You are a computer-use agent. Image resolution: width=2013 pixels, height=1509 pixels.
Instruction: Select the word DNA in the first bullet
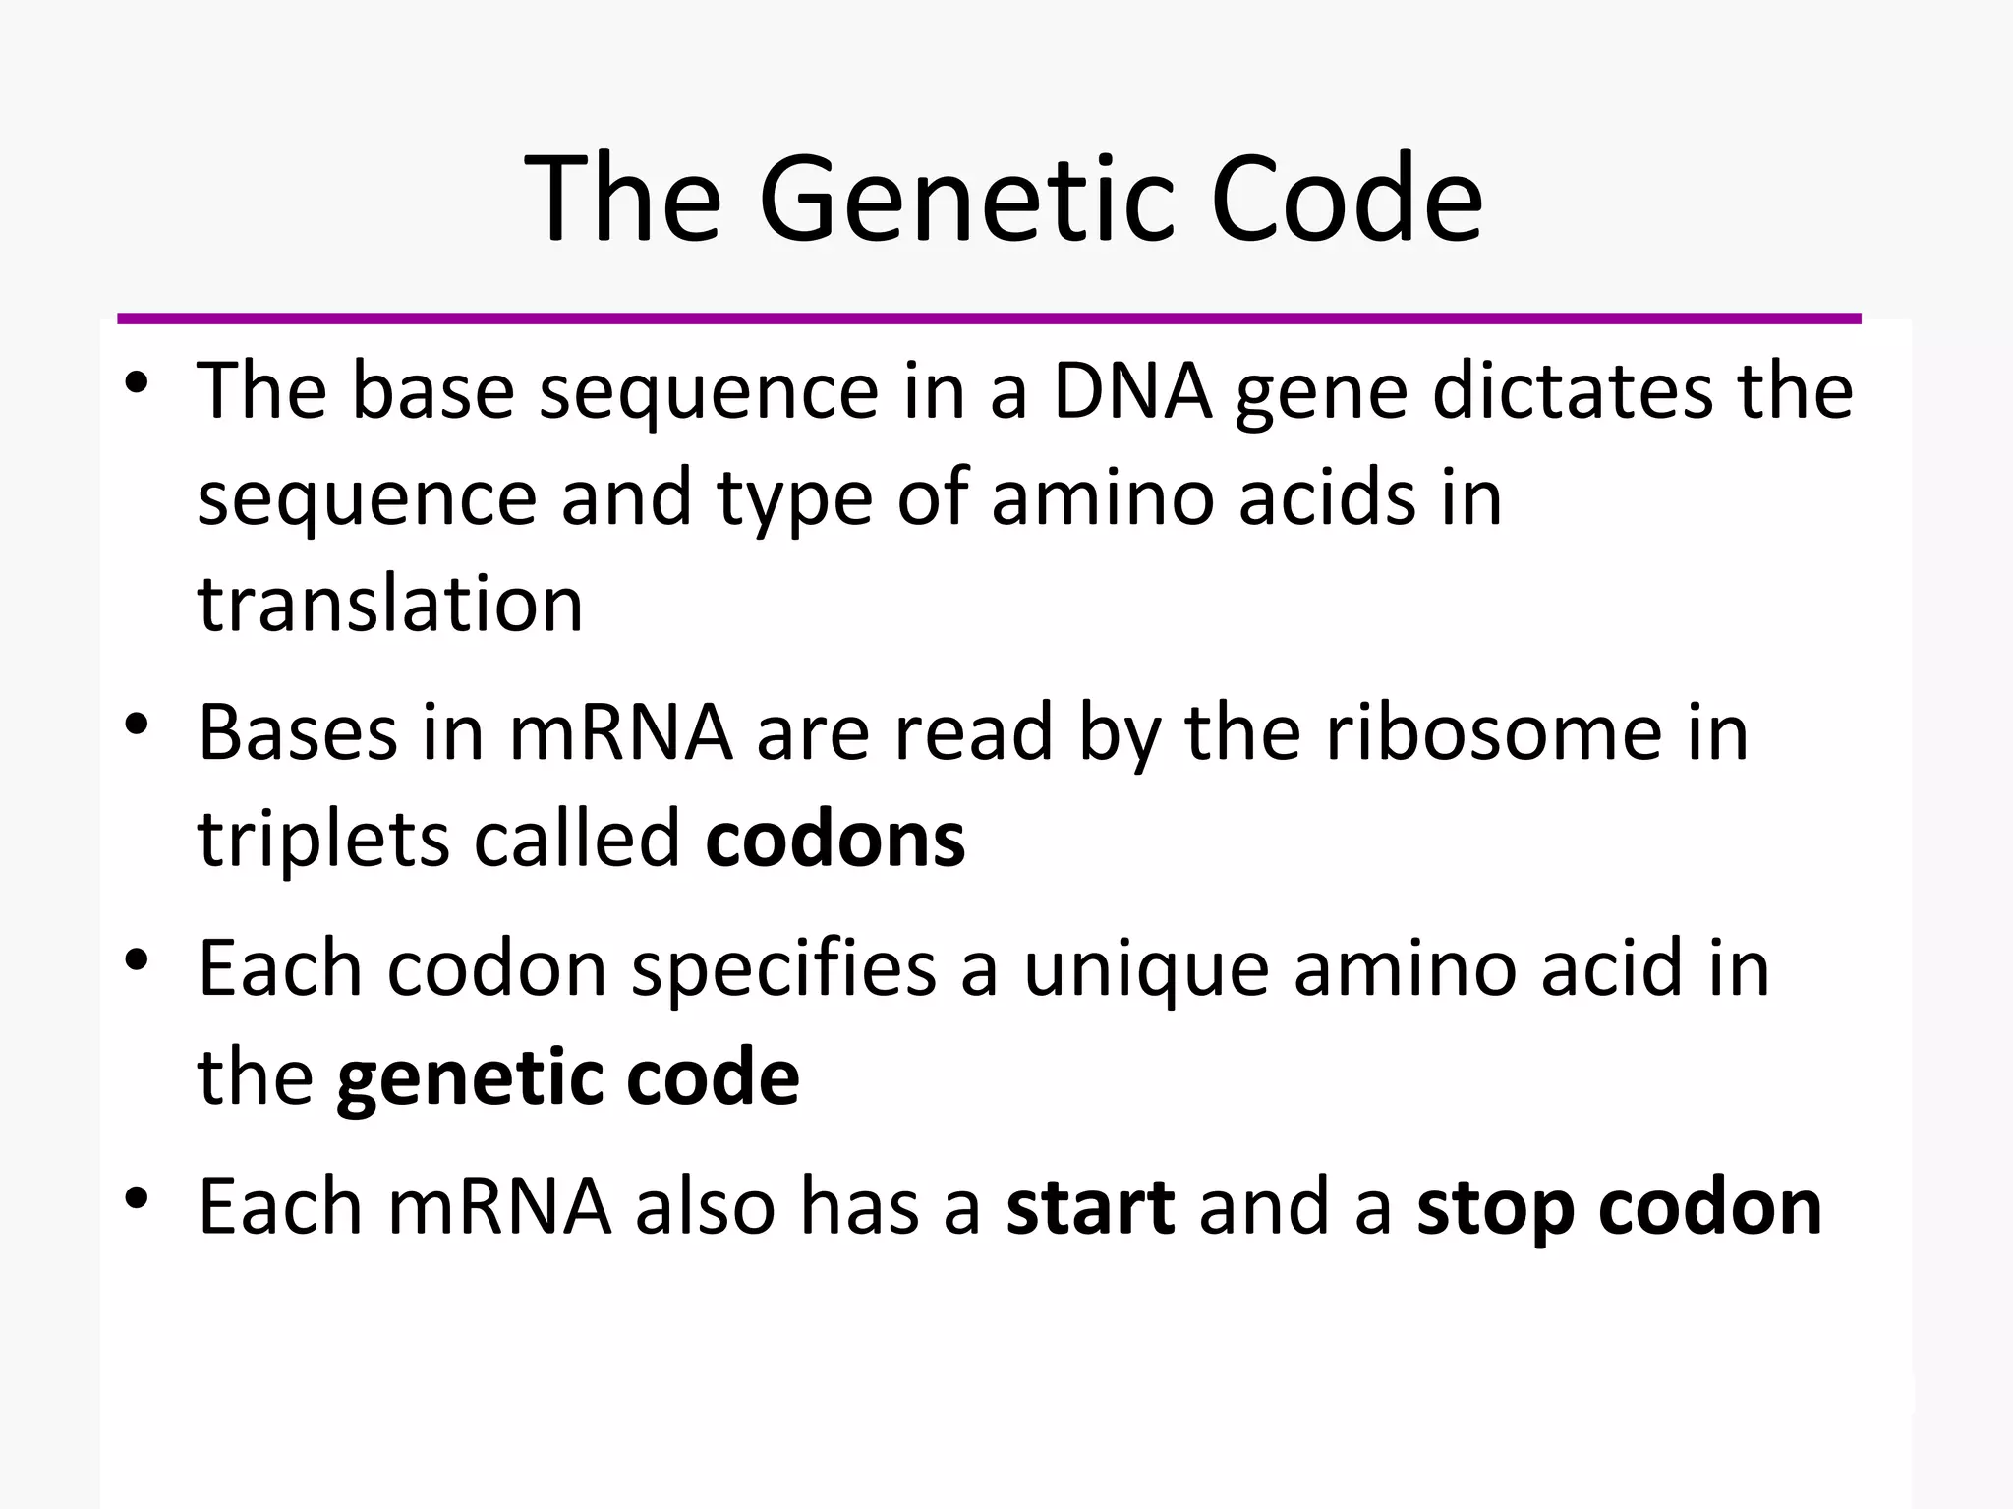(1131, 391)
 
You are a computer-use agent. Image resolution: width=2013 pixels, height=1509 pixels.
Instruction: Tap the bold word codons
(834, 840)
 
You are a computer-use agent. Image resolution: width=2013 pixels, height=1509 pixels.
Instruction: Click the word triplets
(323, 842)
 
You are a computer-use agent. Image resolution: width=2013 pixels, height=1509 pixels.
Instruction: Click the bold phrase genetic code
(567, 1077)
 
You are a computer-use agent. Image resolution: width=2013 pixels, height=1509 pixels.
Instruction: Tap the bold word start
(1089, 1207)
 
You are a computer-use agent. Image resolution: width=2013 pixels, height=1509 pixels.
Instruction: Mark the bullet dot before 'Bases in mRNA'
(137, 725)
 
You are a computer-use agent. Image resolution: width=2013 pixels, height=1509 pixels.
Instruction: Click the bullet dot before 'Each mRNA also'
(137, 1198)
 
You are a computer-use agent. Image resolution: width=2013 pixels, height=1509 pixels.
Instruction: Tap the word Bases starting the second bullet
(298, 732)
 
